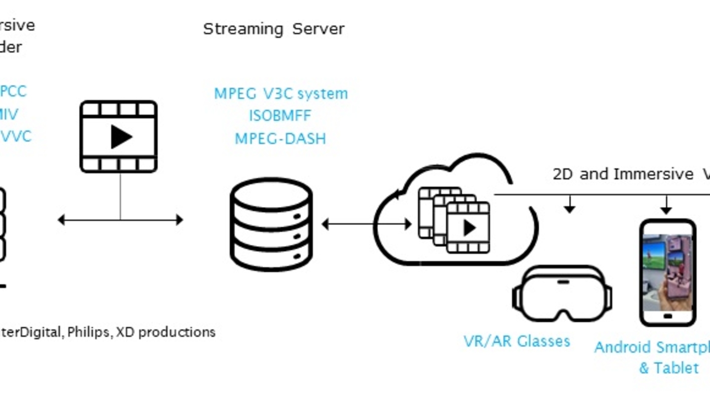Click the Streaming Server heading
pos(274,29)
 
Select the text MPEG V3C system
pos(281,94)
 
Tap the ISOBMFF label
pos(280,116)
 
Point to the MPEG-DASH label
pos(280,138)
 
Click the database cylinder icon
pos(271,224)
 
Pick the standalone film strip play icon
pos(119,136)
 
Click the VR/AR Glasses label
pos(517,341)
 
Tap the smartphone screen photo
pos(668,272)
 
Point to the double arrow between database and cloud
pos(366,225)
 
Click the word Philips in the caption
pos(89,332)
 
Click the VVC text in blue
pos(16,136)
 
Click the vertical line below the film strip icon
pos(120,196)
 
